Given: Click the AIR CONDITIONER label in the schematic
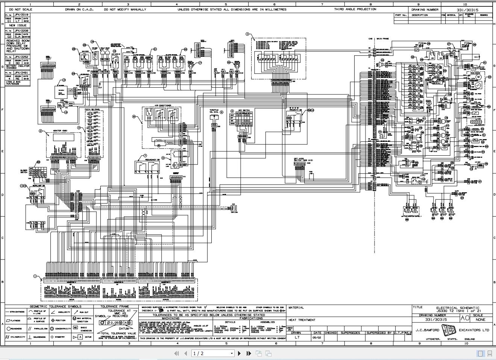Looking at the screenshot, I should coord(163,106).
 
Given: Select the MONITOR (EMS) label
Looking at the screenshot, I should coord(60,131).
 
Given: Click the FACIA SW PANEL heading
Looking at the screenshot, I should coord(93,109).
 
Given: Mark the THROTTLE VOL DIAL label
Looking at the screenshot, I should coord(214,111).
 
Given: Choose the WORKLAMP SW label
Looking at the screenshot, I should coord(39,185).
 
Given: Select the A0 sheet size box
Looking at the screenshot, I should coord(465,318).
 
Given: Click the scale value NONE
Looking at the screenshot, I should coord(480,320).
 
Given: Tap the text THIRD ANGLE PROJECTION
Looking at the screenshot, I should coord(355,9).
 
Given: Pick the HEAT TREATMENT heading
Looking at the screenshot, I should coord(302,320).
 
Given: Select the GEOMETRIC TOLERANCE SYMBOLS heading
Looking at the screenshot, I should coord(55,307).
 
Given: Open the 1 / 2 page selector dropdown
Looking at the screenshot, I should coord(213,353).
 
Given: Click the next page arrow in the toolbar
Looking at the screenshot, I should coord(240,353).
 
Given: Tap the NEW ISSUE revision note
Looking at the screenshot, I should coord(18,26).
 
